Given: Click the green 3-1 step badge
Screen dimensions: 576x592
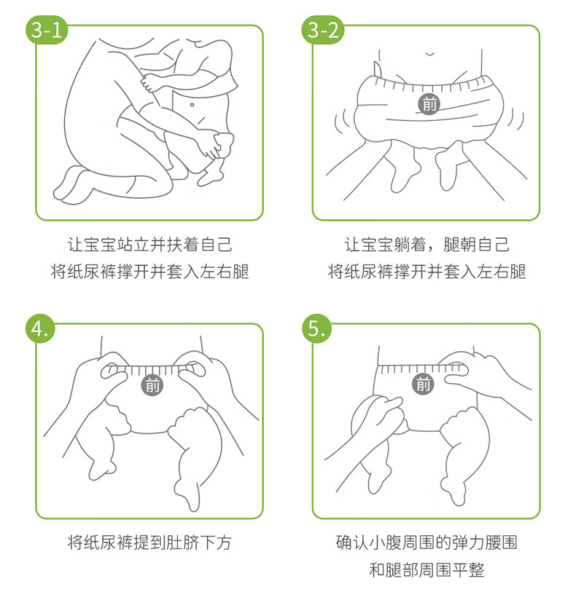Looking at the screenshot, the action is (46, 30).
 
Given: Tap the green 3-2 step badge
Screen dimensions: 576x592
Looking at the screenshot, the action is (323, 30).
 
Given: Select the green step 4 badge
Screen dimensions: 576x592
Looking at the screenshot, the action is (40, 328).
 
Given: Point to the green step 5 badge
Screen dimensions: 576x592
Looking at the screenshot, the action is (316, 328).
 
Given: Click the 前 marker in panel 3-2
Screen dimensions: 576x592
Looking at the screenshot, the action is (429, 104).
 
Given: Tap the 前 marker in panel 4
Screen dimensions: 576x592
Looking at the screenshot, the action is (152, 385).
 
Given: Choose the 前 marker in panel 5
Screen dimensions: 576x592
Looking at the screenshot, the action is (423, 384).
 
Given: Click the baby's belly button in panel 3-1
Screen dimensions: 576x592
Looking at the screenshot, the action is (192, 105).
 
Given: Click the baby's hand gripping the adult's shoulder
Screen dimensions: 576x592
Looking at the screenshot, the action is (149, 83).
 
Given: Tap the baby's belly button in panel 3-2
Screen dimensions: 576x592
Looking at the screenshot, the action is (429, 54).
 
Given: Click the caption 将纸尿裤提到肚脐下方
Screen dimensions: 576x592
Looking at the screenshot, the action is (149, 542).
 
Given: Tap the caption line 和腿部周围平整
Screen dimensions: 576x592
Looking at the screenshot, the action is (427, 569).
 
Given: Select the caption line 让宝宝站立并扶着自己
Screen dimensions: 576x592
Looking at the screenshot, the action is (149, 244).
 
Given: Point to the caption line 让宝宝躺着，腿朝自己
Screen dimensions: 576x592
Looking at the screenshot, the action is (427, 244).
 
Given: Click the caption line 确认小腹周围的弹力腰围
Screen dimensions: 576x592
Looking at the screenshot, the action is (427, 542).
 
